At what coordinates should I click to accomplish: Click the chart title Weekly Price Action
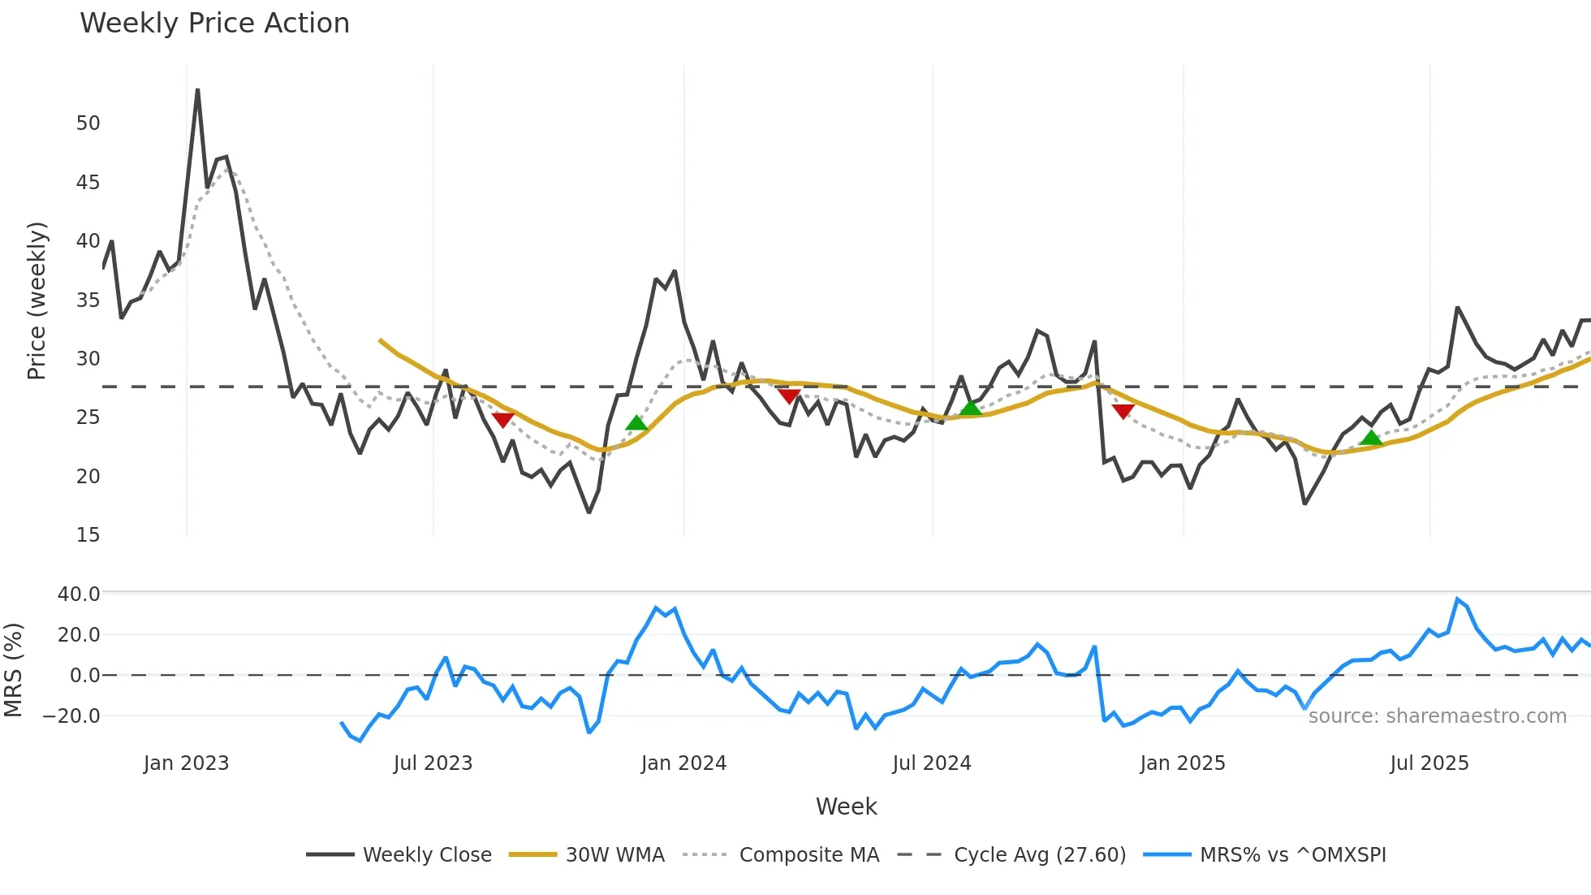pos(214,24)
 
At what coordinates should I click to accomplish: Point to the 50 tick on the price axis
pos(88,123)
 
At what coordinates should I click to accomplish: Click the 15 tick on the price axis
pos(88,535)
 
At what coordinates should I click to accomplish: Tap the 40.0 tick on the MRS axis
pos(79,595)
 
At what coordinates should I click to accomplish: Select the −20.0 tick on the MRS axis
pos(71,716)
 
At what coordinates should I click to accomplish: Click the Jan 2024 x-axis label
pos(683,763)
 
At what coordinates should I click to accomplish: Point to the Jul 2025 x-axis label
pos(1429,763)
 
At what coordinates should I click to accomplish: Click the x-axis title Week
pos(846,806)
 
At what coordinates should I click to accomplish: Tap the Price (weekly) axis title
pos(37,300)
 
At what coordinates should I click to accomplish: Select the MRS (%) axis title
pos(13,670)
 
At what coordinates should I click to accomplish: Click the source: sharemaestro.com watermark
pos(1437,716)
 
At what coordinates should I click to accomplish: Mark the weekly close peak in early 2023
pos(197,90)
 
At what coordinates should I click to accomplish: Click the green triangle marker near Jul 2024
pos(970,408)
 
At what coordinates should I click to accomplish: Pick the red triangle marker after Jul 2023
pos(502,419)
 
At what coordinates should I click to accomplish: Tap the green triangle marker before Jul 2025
pos(1371,439)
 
